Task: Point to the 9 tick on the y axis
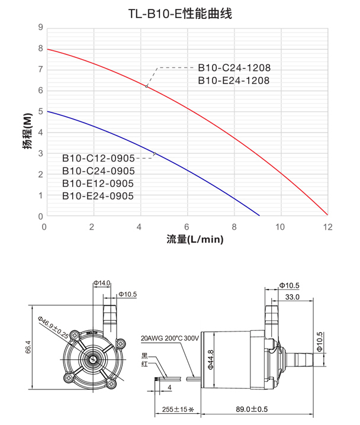point(40,27)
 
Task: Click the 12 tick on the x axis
point(327,227)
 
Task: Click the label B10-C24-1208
point(234,68)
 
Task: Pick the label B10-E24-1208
point(234,80)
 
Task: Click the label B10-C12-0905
point(98,159)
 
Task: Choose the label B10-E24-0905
point(98,196)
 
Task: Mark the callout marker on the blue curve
point(155,154)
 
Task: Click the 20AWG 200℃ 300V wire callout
point(169,339)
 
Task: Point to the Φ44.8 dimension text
point(210,360)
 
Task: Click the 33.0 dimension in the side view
point(292,297)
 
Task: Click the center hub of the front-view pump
point(93,359)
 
